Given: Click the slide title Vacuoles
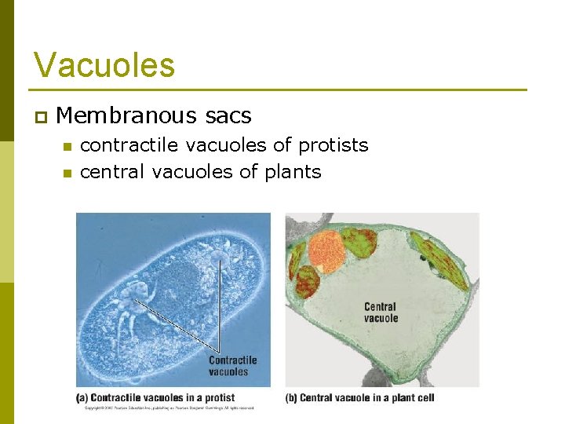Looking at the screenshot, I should click(104, 65).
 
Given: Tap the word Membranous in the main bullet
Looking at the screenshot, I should click(124, 116).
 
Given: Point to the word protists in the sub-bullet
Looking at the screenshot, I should click(333, 145).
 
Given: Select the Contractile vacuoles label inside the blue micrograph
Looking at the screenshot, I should click(232, 366).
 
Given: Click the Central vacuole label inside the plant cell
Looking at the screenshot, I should click(381, 313).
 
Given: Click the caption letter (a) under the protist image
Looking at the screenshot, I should click(81, 398).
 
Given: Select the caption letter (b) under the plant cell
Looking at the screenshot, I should click(290, 398).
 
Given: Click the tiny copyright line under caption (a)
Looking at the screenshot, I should click(169, 408).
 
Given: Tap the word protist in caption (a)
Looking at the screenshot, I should click(217, 398).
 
